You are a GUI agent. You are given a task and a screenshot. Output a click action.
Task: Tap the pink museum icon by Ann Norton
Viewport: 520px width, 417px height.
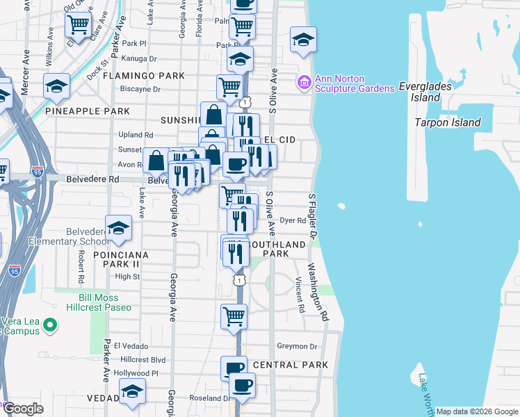pyautogui.click(x=304, y=83)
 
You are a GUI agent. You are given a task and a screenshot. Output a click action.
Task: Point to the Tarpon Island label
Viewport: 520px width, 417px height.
pyautogui.click(x=447, y=122)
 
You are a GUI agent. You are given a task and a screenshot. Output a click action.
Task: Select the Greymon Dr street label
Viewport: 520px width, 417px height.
pyautogui.click(x=297, y=346)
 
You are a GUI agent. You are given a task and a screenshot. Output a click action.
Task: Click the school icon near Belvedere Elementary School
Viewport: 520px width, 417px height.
pyautogui.click(x=119, y=229)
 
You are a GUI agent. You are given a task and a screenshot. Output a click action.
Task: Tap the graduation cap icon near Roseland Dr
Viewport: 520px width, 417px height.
pyautogui.click(x=132, y=393)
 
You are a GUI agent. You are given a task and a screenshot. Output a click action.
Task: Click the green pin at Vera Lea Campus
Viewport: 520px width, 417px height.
pyautogui.click(x=49, y=325)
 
